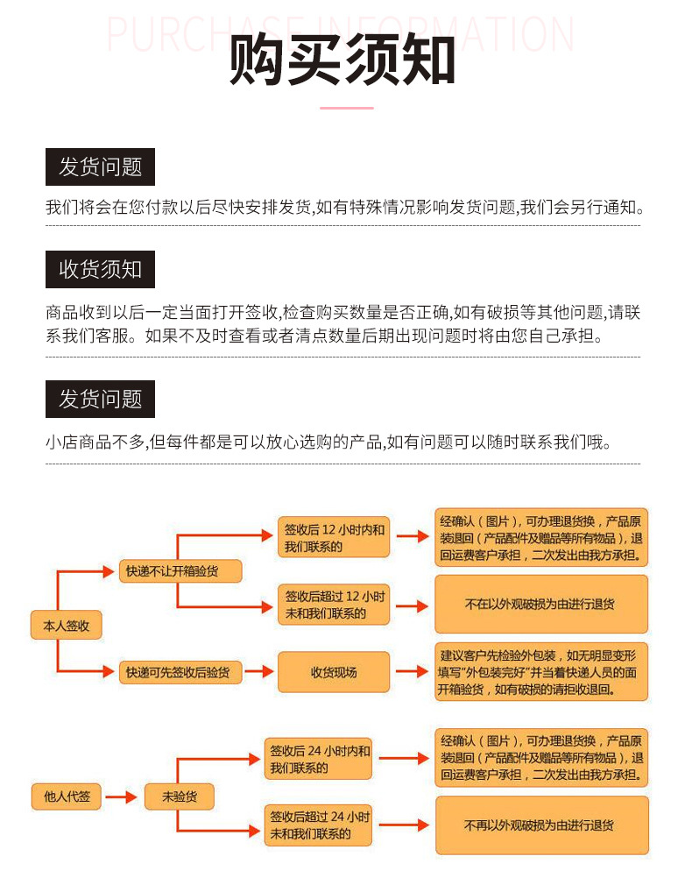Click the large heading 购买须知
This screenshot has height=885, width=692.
[342, 60]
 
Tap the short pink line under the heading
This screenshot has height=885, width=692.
[346, 108]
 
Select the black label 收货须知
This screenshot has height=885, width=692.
[100, 269]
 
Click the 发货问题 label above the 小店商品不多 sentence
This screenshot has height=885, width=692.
[100, 399]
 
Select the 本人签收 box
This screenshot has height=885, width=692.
[67, 626]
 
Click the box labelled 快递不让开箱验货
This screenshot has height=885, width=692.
[180, 570]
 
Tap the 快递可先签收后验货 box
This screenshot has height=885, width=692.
[180, 672]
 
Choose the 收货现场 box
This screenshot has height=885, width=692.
[334, 672]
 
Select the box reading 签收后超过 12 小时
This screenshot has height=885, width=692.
[334, 605]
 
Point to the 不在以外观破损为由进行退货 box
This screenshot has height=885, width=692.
[540, 604]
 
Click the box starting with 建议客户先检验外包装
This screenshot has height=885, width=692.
[540, 672]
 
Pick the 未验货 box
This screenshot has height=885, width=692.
[179, 796]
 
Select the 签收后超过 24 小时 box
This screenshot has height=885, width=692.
[319, 825]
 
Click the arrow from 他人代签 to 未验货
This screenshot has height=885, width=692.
[127, 796]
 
